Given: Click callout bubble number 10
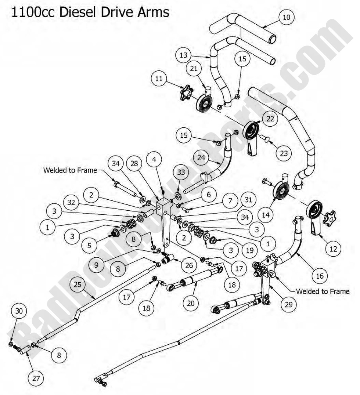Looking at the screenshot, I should pos(287,18).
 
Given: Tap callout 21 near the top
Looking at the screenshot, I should pos(194,69).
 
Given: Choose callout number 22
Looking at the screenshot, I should pos(270,119).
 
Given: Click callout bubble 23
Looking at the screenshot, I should pos(284,153).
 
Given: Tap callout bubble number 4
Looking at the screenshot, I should pos(155,160).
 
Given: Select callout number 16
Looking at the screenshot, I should pos(320,275).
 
